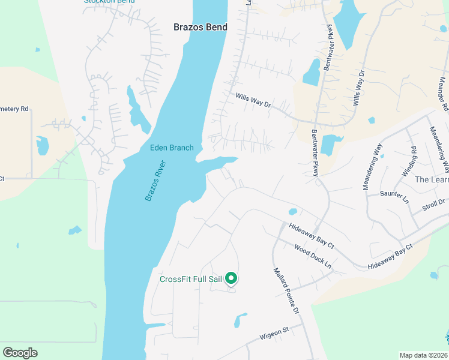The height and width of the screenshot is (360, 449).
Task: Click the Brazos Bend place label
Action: pyautogui.click(x=200, y=27)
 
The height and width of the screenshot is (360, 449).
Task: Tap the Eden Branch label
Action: pyautogui.click(x=172, y=148)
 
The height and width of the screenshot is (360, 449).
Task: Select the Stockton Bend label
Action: pyautogui.click(x=109, y=2)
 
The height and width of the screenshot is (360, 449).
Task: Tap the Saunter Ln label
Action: pyautogui.click(x=394, y=194)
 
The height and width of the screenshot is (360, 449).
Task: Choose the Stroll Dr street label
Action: pyautogui.click(x=433, y=204)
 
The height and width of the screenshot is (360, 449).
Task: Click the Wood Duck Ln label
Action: pyautogui.click(x=313, y=256)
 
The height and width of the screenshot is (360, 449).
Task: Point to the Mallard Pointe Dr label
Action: pyautogui.click(x=286, y=291)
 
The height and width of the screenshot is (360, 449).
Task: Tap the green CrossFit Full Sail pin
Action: pyautogui.click(x=231, y=278)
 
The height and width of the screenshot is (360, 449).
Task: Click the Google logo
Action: pyautogui.click(x=20, y=353)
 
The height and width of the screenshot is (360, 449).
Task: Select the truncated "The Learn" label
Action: pyautogui.click(x=431, y=179)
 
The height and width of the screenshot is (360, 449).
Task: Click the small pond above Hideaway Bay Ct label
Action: pyautogui.click(x=292, y=212)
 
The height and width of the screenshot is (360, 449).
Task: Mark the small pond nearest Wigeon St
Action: pyautogui.click(x=240, y=320)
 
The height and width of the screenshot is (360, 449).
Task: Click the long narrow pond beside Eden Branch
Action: pyautogui.click(x=138, y=109)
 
